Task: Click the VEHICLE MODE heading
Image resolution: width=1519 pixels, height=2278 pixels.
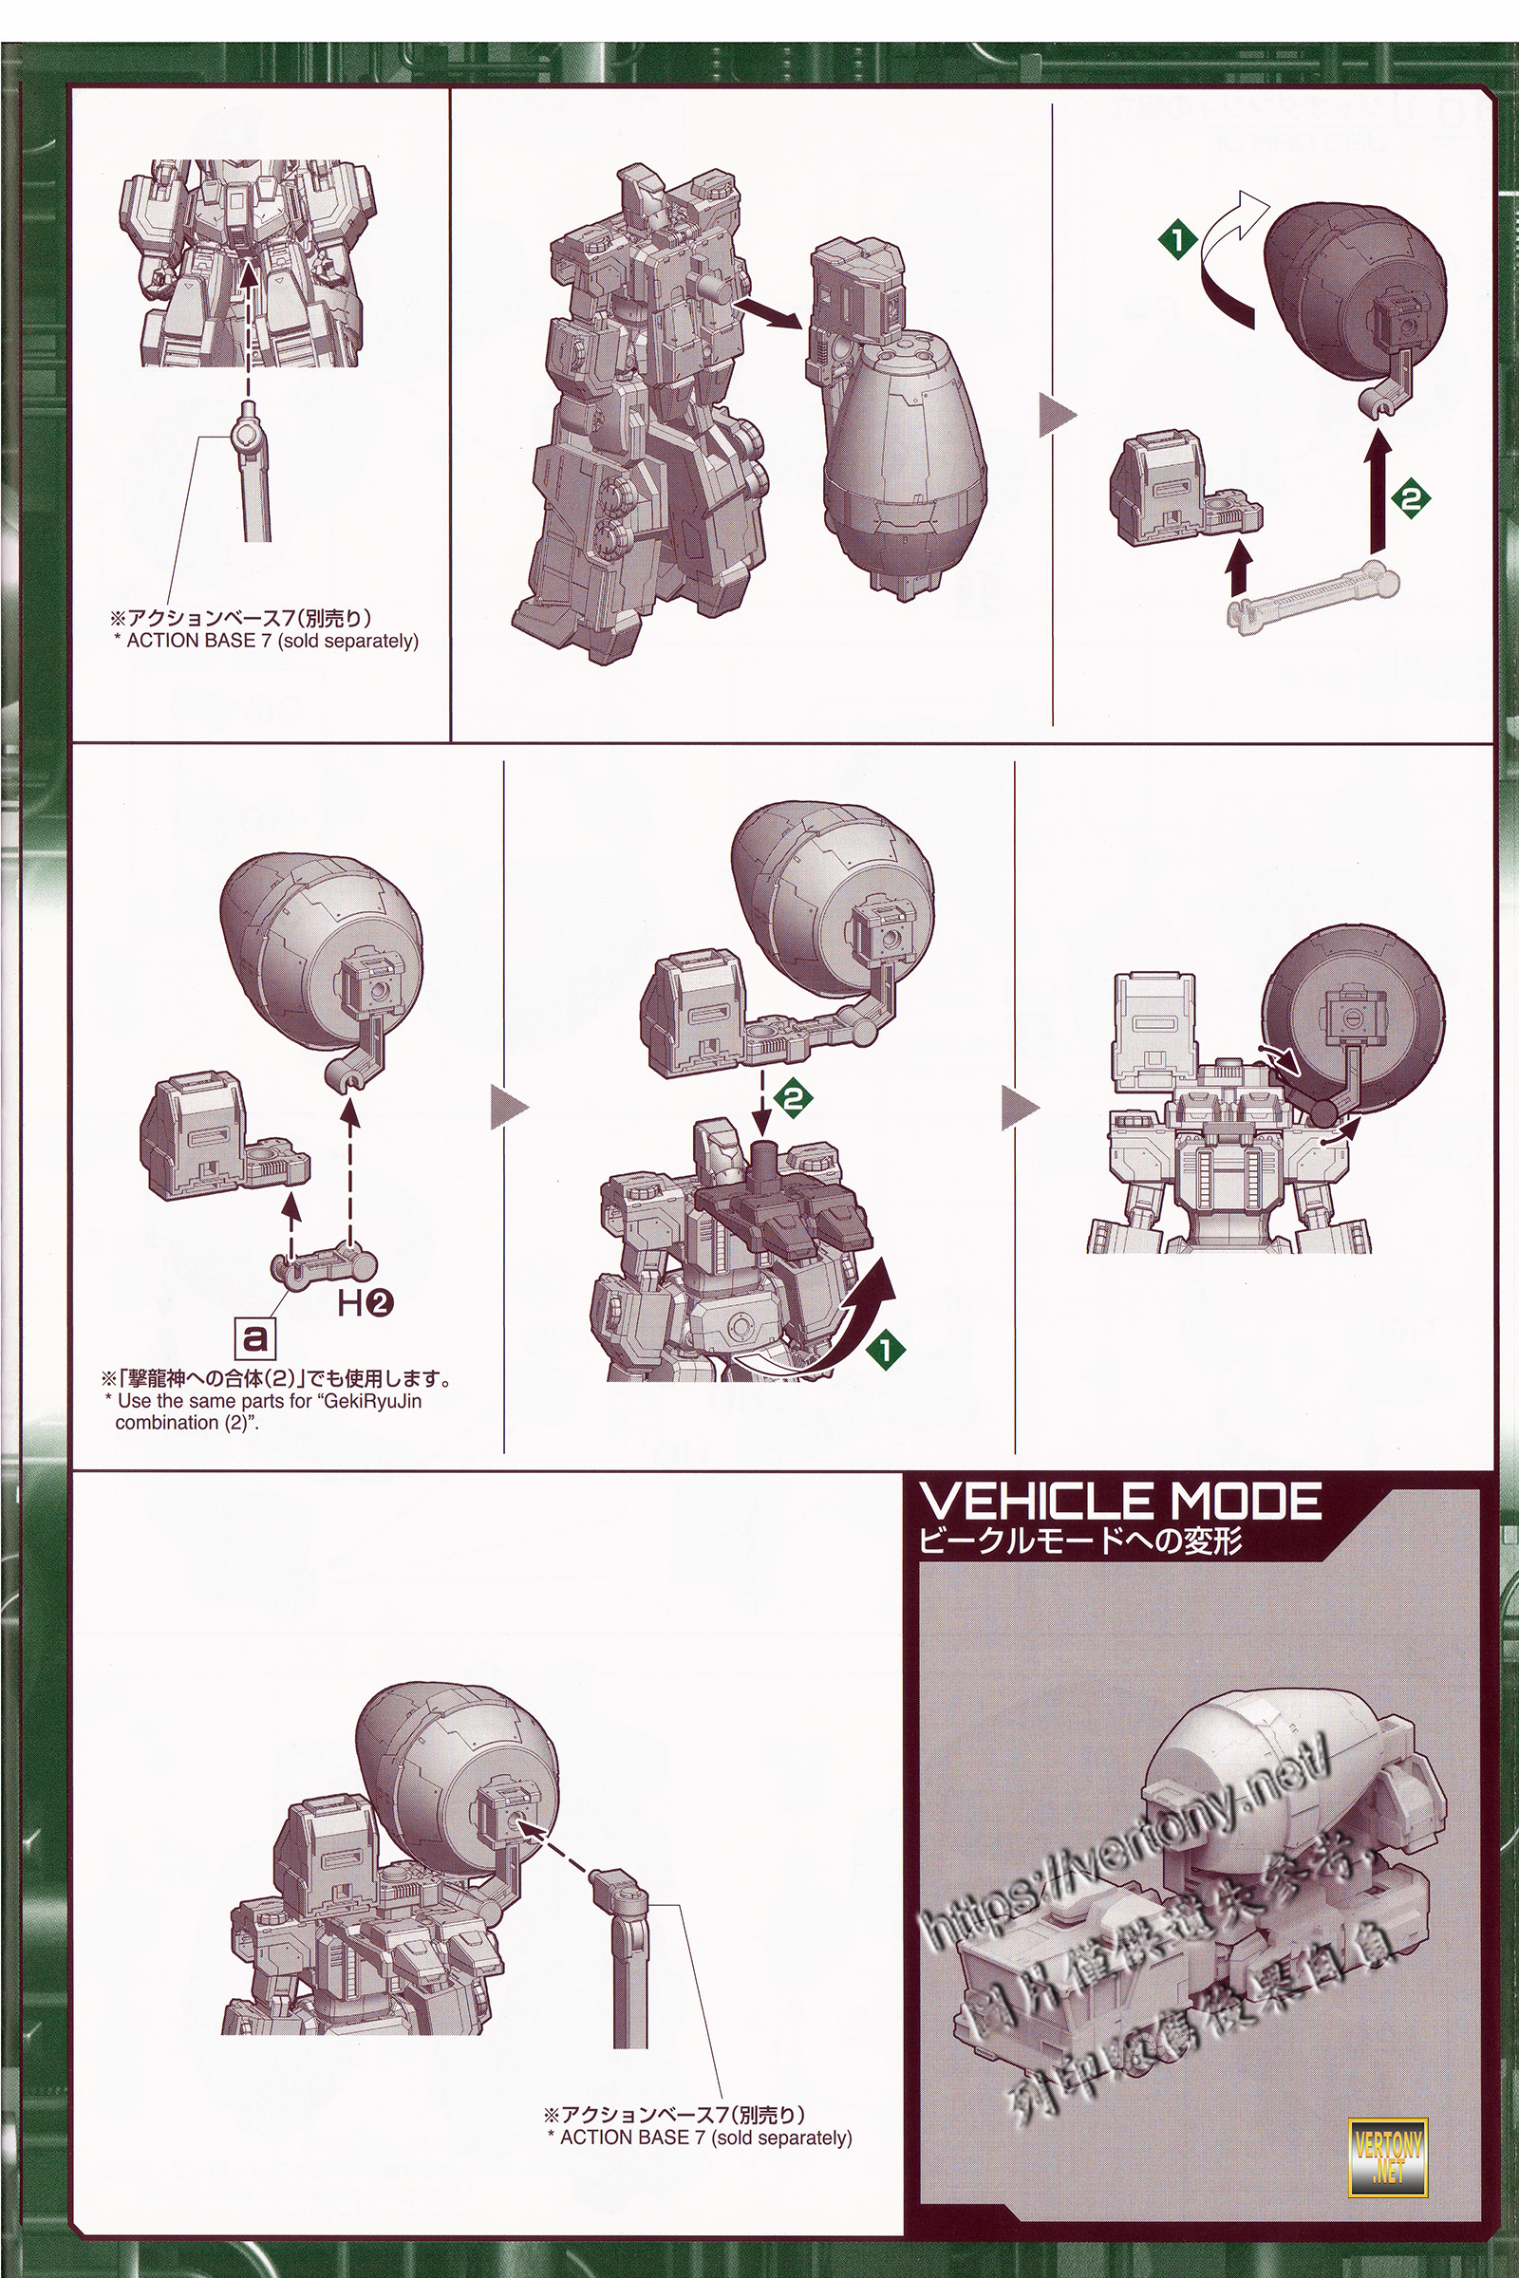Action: (x=1119, y=1503)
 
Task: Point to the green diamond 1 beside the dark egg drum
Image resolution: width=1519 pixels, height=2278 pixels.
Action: (x=1177, y=239)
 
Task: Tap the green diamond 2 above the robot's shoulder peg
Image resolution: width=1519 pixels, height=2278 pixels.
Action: (x=795, y=1098)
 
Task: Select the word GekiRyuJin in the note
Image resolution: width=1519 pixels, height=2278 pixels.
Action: (x=374, y=1402)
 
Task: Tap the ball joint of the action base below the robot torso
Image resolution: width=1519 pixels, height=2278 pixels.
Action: (x=248, y=435)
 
